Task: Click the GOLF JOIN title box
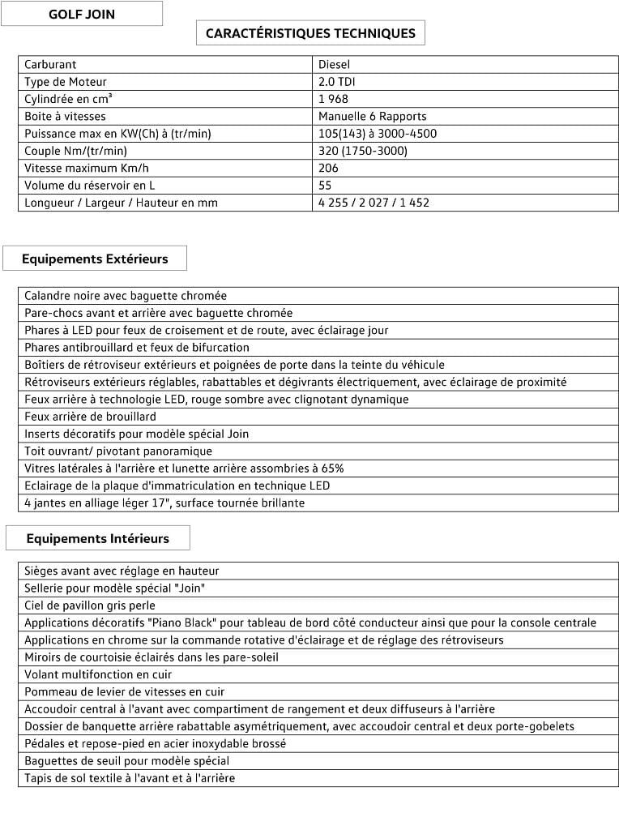(81, 14)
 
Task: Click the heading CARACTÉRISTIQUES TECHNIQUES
(310, 33)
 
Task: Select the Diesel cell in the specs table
(334, 64)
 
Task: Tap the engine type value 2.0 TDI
(337, 81)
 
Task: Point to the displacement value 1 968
(333, 99)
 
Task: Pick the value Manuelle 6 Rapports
(372, 116)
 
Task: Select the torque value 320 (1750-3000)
(362, 151)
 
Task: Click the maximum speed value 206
(328, 168)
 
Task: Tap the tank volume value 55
(325, 185)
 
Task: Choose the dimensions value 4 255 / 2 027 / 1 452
(374, 203)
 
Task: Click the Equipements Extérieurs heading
(95, 259)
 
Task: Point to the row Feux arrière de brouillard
(90, 417)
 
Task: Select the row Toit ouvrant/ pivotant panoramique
(118, 451)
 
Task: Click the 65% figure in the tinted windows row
(332, 468)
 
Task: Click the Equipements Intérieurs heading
(97, 538)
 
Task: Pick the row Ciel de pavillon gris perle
(90, 605)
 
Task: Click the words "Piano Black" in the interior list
(175, 622)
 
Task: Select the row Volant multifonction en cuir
(98, 674)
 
